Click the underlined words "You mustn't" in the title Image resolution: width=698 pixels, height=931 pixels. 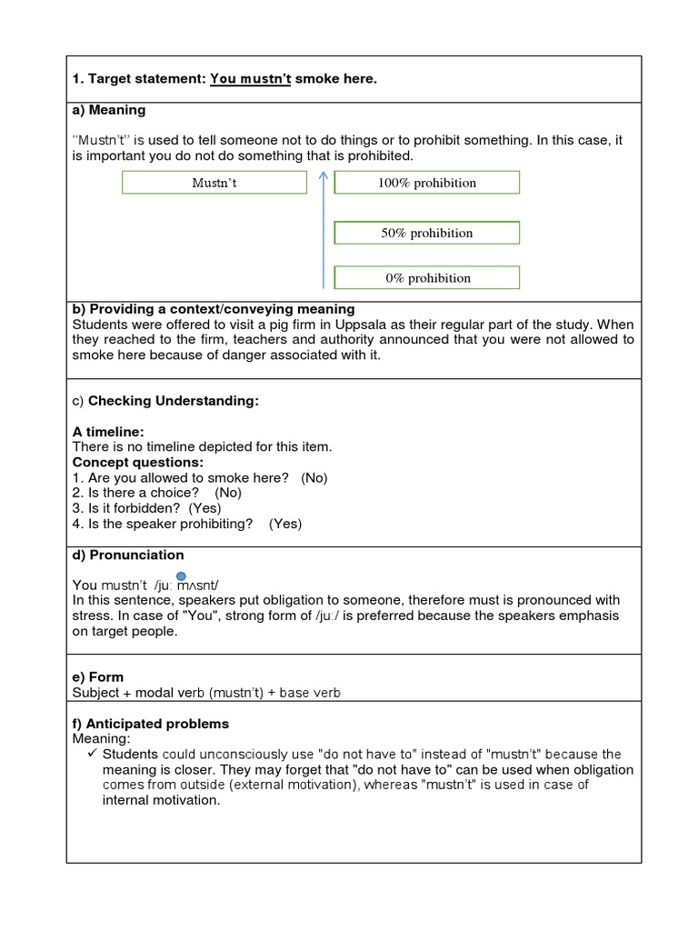click(x=251, y=80)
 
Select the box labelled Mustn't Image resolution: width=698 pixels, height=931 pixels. click(x=214, y=183)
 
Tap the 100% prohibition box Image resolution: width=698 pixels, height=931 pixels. click(x=427, y=183)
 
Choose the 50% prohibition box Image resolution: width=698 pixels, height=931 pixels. click(x=427, y=233)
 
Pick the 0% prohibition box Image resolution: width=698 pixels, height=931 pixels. click(x=427, y=278)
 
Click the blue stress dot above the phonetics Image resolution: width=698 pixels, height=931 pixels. click(x=181, y=576)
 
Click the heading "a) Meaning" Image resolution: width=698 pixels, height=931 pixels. click(x=109, y=110)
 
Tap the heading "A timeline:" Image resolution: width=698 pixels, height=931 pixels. click(x=108, y=432)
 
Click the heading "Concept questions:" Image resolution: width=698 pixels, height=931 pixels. click(x=138, y=462)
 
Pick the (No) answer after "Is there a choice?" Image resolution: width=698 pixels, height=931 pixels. click(x=228, y=493)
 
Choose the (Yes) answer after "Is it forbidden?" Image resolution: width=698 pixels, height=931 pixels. click(x=204, y=508)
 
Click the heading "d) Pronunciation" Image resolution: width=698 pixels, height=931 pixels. click(x=128, y=555)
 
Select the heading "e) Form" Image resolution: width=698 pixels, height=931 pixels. click(x=98, y=677)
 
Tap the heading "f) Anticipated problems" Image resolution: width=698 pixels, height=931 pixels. click(x=151, y=724)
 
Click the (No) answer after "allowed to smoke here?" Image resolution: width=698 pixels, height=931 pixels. click(x=314, y=477)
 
